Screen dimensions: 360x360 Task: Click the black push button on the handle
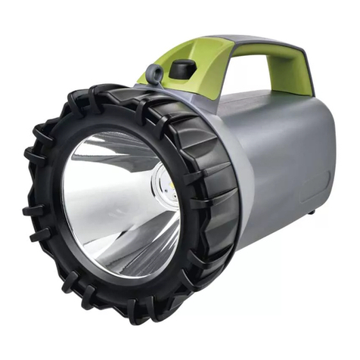[182, 70]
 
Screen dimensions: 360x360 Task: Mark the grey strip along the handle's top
[257, 39]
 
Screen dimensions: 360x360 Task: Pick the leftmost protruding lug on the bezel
[28, 209]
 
